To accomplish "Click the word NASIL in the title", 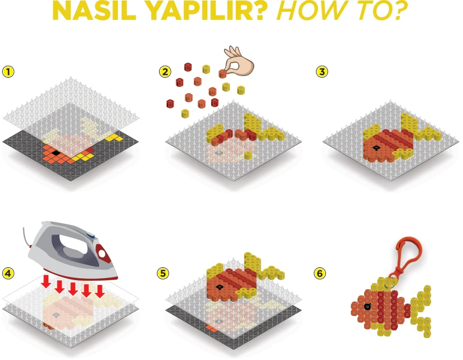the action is coord(94,11).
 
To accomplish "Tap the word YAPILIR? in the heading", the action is coord(206,11).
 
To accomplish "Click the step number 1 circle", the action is coord(8,72).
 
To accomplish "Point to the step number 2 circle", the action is coord(165,72).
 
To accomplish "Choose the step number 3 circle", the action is coord(322,72).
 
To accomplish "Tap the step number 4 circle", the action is coord(8,274).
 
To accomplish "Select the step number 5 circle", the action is coord(163,274).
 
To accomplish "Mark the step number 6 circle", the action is coord(320,274).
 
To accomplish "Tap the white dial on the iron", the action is coord(102,253).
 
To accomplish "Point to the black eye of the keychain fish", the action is coord(367,307).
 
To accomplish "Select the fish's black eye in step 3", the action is coord(376,148).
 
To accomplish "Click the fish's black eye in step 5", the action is coord(219,287).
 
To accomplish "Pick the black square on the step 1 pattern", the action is coord(55,153).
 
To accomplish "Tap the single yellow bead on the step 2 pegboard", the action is coord(248,155).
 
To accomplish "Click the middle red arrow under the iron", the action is coord(73,288).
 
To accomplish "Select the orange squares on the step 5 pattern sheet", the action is coord(211,328).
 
